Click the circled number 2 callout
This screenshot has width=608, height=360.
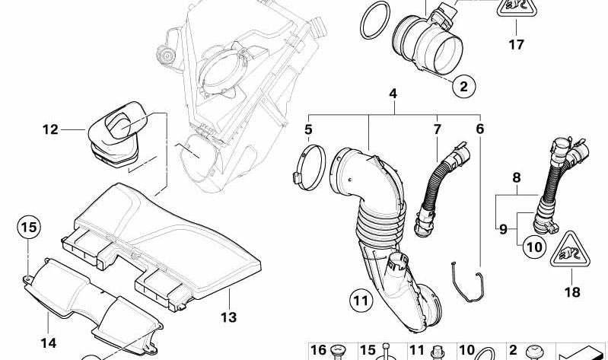click(463, 86)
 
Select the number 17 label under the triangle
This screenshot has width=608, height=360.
click(516, 45)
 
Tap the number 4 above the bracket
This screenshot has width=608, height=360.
click(393, 94)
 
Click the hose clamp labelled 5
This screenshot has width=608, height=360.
click(309, 167)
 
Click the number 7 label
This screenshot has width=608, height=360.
click(437, 129)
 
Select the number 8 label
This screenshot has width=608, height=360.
click(517, 178)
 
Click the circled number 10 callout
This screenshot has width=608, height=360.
click(534, 247)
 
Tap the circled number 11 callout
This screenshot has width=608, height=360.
click(361, 301)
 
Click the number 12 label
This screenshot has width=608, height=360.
click(50, 129)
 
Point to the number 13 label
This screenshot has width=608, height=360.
click(229, 317)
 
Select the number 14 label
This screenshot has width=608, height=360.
click(49, 343)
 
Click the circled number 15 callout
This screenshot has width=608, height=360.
click(29, 227)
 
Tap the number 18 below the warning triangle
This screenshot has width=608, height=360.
click(572, 292)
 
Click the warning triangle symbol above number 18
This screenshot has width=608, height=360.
click(570, 250)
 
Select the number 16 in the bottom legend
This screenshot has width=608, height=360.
click(318, 351)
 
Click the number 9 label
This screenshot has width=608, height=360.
click(503, 230)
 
